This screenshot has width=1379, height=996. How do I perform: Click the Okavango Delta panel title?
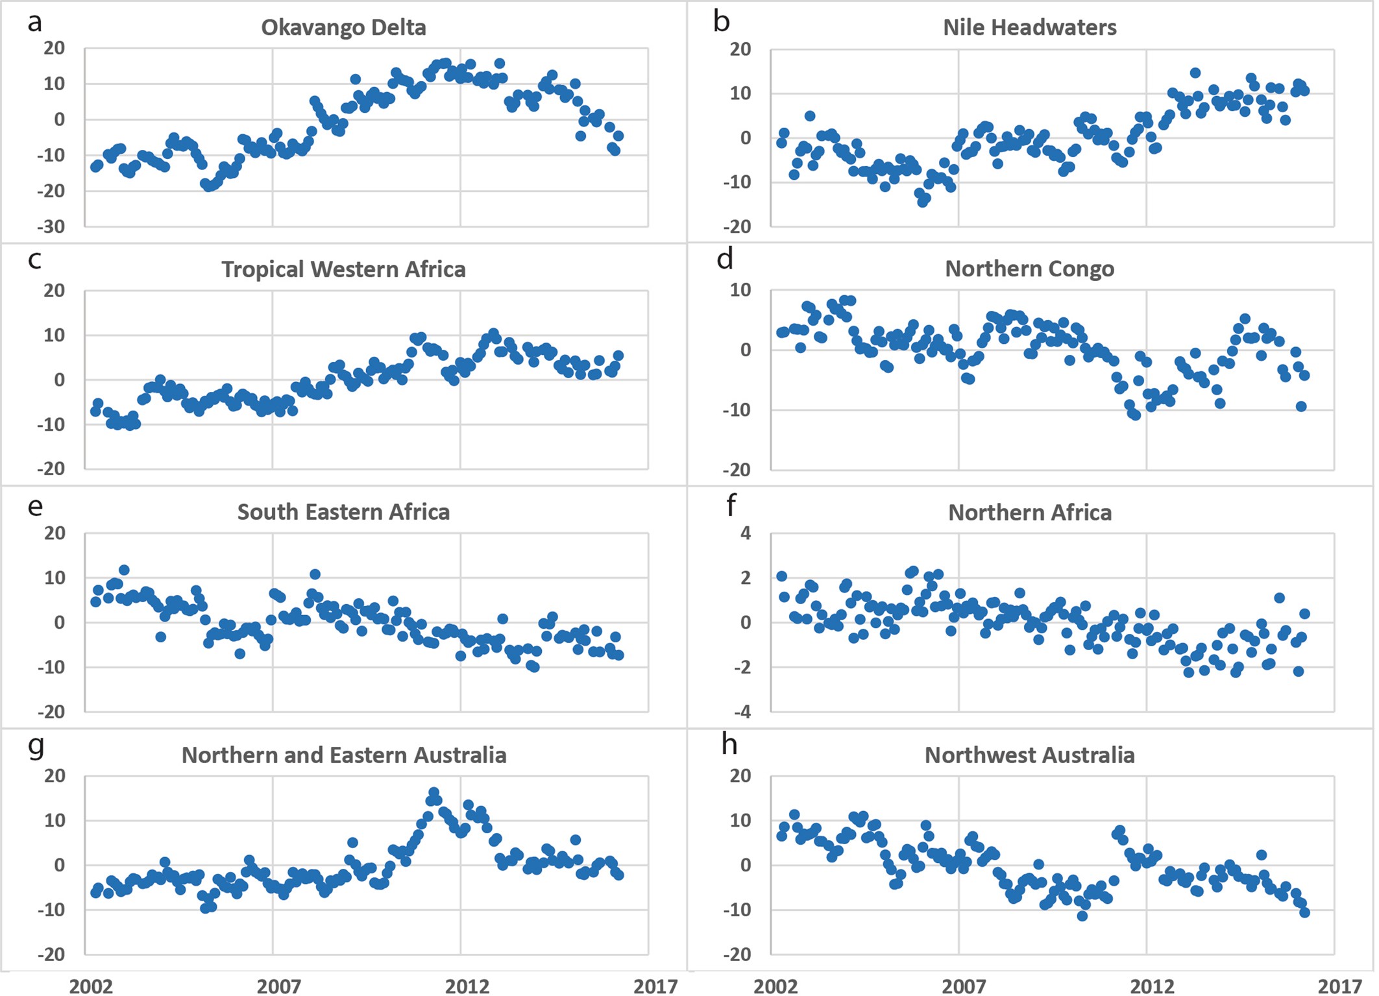pos(343,28)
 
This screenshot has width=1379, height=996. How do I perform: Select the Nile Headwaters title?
pos(1029,28)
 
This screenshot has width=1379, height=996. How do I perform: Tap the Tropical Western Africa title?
pos(343,269)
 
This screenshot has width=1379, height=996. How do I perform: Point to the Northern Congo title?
pos(1029,269)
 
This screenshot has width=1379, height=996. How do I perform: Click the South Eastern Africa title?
pos(343,512)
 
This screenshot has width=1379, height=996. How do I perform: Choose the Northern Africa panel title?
pos(1029,513)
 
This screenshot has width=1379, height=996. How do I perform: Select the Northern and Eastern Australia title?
pos(343,755)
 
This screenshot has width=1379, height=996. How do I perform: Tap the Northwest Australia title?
pos(1029,755)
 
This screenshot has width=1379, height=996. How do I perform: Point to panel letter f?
pos(731,505)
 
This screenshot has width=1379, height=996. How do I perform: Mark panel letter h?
pos(729,745)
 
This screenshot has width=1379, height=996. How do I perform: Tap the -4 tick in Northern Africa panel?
pos(742,712)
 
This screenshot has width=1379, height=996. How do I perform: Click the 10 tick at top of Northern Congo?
pos(740,290)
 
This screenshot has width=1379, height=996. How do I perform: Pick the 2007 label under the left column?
pos(278,986)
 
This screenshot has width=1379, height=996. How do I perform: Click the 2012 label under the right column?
pos(1152,986)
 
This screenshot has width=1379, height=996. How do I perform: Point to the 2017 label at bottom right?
pos(1339,986)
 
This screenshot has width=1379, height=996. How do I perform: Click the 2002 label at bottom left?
pos(91,986)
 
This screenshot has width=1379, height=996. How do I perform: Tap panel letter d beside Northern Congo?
pos(725,259)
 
